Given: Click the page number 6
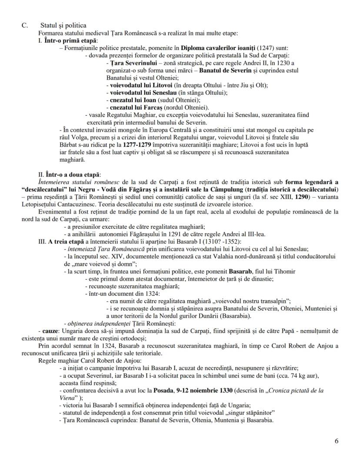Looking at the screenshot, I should click(337, 440).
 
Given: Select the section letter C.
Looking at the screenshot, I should click(25, 25).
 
